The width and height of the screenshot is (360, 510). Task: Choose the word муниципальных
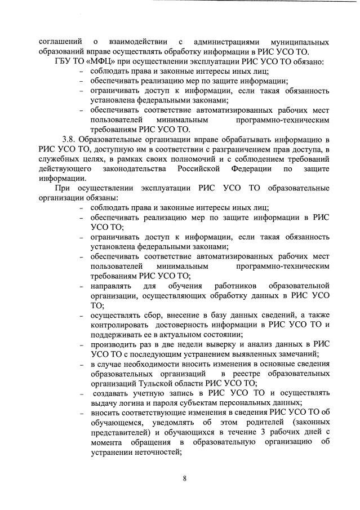coord(300,41)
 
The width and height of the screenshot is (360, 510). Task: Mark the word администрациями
coord(225,41)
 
